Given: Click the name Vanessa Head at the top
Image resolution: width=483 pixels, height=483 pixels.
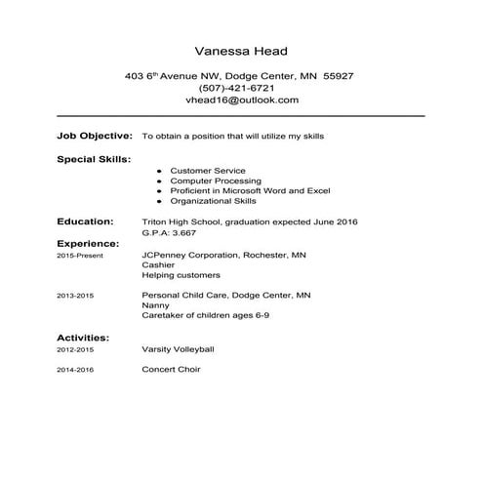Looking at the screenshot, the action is [241, 51].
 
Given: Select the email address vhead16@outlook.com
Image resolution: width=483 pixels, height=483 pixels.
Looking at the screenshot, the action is [241, 100].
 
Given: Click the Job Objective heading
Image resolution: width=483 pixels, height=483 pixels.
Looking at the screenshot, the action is [93, 136].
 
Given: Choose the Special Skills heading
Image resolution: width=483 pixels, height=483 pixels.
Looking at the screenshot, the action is [95, 158].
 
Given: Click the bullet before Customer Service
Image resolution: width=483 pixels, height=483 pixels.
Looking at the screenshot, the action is [158, 171].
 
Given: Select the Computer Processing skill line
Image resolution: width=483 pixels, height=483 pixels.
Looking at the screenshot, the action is [216, 181].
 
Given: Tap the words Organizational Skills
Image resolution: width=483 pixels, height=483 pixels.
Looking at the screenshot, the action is [213, 201].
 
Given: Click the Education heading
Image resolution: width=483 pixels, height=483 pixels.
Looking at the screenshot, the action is [86, 222].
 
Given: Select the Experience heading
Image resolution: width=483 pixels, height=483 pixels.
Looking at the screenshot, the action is [89, 243].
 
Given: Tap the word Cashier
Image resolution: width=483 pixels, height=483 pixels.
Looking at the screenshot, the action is [158, 264].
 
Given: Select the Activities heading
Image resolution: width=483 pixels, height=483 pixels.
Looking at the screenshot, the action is [83, 338].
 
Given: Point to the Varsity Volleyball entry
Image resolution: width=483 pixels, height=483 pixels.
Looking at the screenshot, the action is [178, 348].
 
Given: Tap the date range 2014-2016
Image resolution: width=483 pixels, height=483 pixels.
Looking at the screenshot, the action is [75, 371].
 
